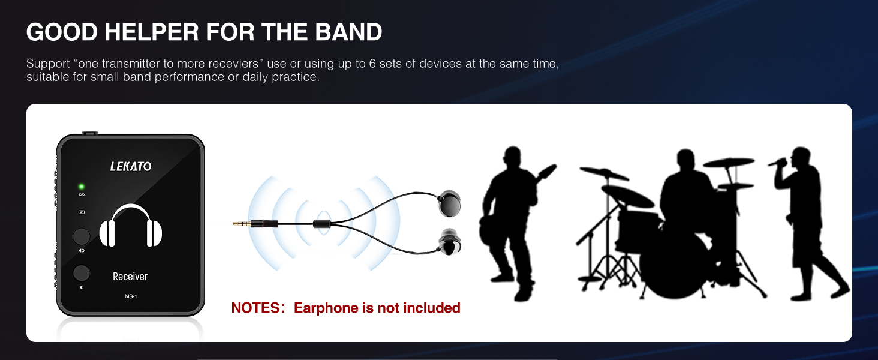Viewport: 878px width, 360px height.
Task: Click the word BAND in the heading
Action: [348, 32]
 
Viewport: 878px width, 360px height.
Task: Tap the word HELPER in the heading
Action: [152, 32]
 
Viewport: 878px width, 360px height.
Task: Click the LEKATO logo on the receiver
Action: [131, 166]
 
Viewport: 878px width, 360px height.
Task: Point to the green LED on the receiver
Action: [82, 187]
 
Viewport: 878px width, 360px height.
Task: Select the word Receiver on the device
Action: [130, 277]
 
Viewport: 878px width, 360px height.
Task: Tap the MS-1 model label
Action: [131, 296]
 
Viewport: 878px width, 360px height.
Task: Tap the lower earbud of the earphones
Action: [450, 242]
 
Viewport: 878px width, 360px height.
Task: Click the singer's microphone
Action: [778, 162]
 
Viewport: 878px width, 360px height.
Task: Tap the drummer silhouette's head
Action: [685, 160]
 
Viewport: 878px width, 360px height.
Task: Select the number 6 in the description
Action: [372, 64]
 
